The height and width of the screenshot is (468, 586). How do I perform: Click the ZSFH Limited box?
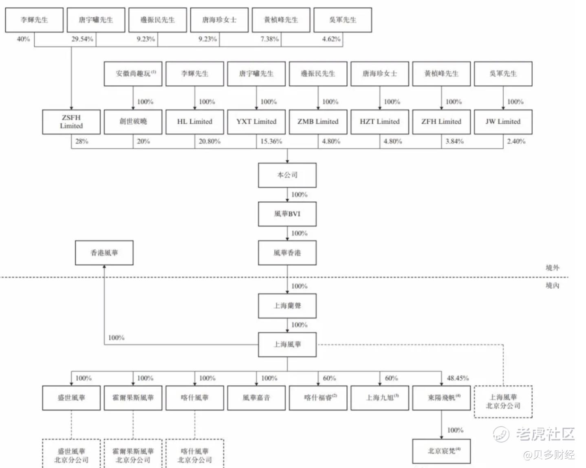pos(71,121)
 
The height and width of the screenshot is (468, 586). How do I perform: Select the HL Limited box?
pos(195,121)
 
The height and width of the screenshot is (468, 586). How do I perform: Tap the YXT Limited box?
pos(256,121)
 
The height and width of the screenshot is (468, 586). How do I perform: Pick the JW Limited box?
pos(503,121)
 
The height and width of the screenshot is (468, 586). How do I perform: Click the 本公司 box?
pos(287,175)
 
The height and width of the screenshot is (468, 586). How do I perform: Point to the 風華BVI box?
pos(287,214)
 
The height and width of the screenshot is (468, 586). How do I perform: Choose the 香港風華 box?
pos(104,253)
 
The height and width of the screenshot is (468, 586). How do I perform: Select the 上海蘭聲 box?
pos(287,306)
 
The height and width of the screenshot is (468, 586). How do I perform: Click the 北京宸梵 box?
pos(442,451)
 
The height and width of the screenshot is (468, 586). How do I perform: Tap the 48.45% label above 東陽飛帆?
pos(458,378)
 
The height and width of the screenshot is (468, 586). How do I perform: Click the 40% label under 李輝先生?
pos(23,39)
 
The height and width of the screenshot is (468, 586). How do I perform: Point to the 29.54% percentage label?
pos(82,39)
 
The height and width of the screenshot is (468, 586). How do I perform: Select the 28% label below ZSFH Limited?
pos(82,141)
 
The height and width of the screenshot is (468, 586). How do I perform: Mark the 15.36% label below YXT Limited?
pos(271,141)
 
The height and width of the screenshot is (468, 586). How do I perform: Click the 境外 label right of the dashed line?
pos(553,267)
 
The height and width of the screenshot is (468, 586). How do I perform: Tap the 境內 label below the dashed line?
pos(553,285)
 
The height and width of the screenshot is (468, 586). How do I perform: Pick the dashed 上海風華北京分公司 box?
pos(503,402)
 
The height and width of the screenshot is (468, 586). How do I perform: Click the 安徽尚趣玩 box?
pos(133,74)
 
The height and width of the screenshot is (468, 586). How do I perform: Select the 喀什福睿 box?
pos(318,397)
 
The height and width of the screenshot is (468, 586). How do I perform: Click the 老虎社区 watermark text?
pos(545,434)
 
